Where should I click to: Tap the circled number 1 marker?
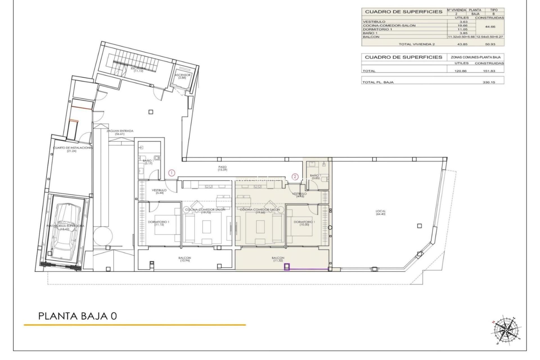pos(172,173)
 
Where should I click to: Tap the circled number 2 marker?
pos(295,177)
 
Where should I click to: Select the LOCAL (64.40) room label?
pos(381,213)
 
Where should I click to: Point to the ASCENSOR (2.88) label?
pos(183,76)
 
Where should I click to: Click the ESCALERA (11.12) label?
pos(139,69)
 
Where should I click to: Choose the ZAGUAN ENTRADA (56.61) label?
pos(120,132)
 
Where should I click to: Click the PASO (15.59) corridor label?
pos(222,168)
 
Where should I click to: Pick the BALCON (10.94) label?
pos(184,259)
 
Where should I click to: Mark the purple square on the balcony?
pos(287,267)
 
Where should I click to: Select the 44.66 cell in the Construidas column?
pos(489,27)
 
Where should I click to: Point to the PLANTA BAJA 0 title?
pos(77,316)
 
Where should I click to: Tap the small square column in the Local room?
pos(419,226)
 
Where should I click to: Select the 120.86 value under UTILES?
pos(461,71)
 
